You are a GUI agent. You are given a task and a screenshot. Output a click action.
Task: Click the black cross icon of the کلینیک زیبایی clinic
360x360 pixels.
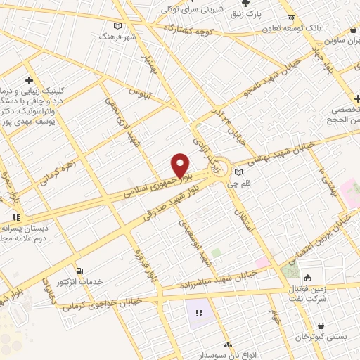click(x=28, y=79)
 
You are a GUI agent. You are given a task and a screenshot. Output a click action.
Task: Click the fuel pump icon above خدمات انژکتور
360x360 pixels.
click(x=79, y=271)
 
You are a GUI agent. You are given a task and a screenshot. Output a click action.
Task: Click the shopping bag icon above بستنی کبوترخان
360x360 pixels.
click(x=321, y=326)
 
